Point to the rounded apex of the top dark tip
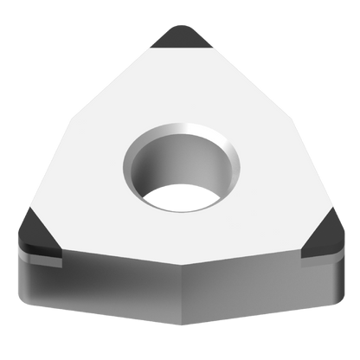[179, 27]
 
